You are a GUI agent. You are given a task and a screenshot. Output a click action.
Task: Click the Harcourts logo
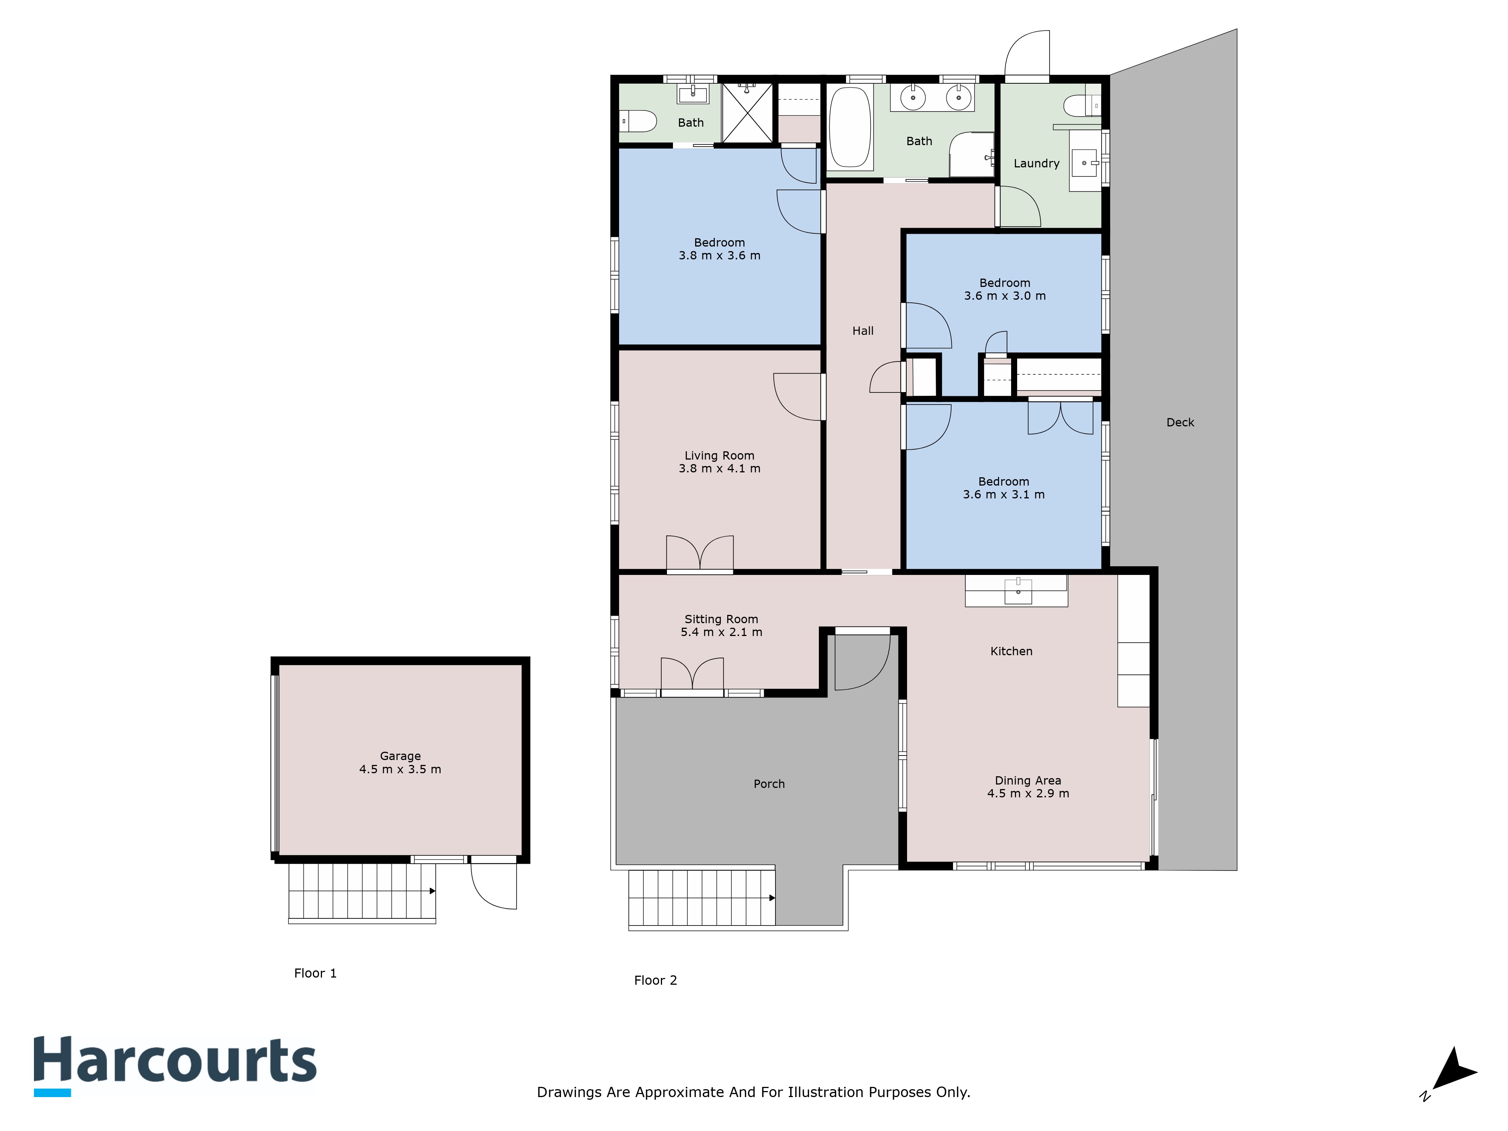175,1064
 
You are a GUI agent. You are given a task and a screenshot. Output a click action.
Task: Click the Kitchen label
1011,651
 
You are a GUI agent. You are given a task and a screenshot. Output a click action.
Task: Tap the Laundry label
1036,164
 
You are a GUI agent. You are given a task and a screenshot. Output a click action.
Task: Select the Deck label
1180,423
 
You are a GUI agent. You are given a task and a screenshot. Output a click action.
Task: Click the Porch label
769,784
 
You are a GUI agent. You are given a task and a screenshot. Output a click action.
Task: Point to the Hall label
863,331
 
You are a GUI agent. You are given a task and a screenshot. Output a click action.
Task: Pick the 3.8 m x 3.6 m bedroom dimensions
719,256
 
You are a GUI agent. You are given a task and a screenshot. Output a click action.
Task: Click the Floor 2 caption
655,980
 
